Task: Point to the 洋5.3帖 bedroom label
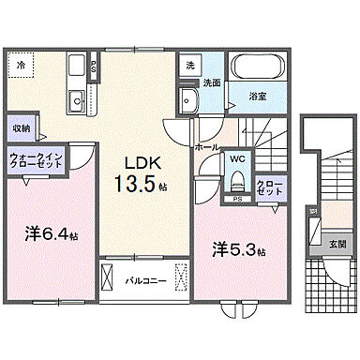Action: pos(236,251)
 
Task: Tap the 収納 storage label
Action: pos(22,127)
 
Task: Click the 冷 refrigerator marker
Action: pos(21,65)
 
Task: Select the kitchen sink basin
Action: pos(77,99)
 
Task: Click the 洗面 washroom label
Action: pos(212,82)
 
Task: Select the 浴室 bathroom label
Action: pos(256,96)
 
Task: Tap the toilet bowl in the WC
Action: pos(237,180)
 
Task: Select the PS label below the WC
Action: pos(237,199)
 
